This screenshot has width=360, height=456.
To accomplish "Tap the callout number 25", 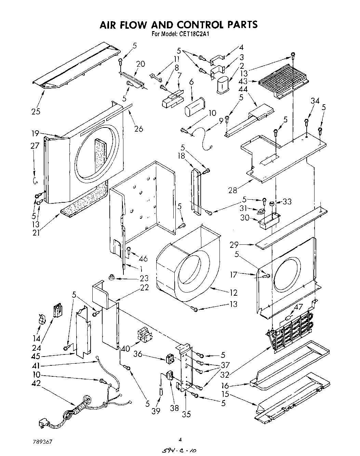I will (x=36, y=111).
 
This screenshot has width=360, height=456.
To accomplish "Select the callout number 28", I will (x=233, y=190).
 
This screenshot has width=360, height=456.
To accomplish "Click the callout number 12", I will (x=234, y=293).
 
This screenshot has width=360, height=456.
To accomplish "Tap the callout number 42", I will (x=36, y=383).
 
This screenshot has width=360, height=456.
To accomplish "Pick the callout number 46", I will (x=143, y=259).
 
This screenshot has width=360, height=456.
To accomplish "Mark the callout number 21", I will (x=36, y=233).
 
